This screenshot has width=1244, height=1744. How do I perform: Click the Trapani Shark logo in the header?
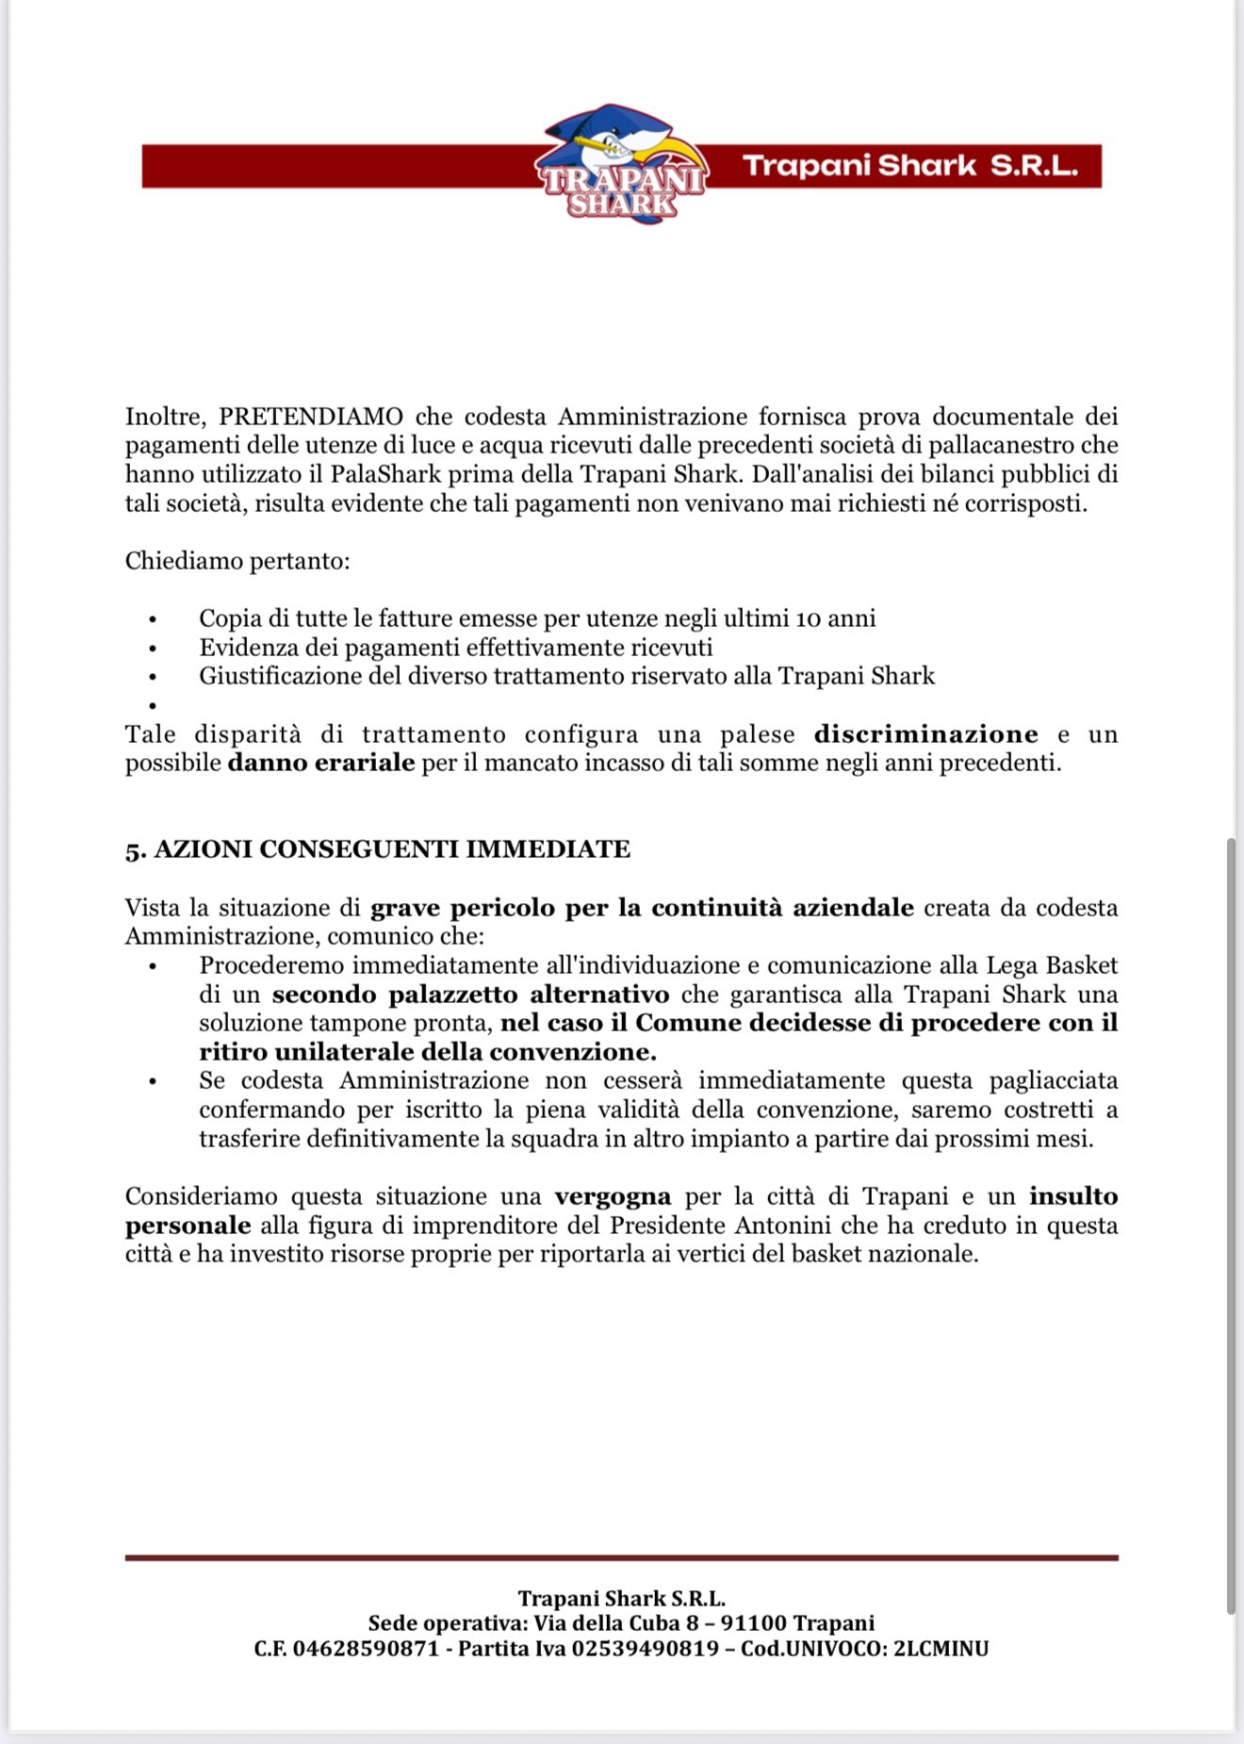pyautogui.click(x=621, y=166)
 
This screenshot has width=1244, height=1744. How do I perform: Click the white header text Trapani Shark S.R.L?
pyautogui.click(x=909, y=166)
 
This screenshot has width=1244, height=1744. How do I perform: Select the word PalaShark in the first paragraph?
pyautogui.click(x=385, y=474)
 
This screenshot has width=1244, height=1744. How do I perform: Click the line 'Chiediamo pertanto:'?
pyautogui.click(x=237, y=561)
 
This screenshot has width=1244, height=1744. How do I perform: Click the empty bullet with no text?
pyautogui.click(x=151, y=706)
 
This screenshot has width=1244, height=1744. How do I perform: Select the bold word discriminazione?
pyautogui.click(x=925, y=734)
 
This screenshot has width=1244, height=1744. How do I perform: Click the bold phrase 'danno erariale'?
pyautogui.click(x=321, y=763)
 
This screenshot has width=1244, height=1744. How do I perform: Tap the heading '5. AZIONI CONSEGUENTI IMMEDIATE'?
pyautogui.click(x=378, y=849)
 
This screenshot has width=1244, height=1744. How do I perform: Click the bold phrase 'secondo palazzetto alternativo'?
pyautogui.click(x=471, y=995)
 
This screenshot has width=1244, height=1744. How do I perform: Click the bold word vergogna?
pyautogui.click(x=613, y=1196)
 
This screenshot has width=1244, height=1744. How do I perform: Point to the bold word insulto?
pyautogui.click(x=1073, y=1196)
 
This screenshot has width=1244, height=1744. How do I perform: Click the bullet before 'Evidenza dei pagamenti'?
pyautogui.click(x=151, y=649)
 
